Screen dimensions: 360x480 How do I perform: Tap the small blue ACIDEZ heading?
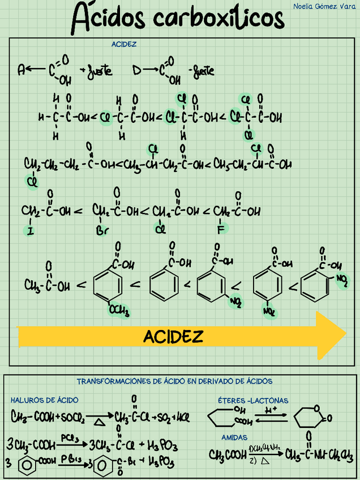coord(124,44)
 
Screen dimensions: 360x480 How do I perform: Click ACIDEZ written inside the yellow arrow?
coord(173,337)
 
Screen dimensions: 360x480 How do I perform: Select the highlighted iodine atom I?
coord(29,230)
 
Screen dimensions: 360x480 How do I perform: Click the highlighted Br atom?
coord(102,231)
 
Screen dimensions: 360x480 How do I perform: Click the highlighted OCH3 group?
coord(119,310)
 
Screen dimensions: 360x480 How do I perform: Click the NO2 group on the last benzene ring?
coord(342,278)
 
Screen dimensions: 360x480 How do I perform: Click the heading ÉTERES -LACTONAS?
coord(252,400)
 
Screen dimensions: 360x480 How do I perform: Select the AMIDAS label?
coord(234,438)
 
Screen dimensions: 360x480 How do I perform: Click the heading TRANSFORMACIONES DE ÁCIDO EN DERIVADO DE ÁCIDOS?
coord(174,382)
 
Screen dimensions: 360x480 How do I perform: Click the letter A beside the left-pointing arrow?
coord(21,70)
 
